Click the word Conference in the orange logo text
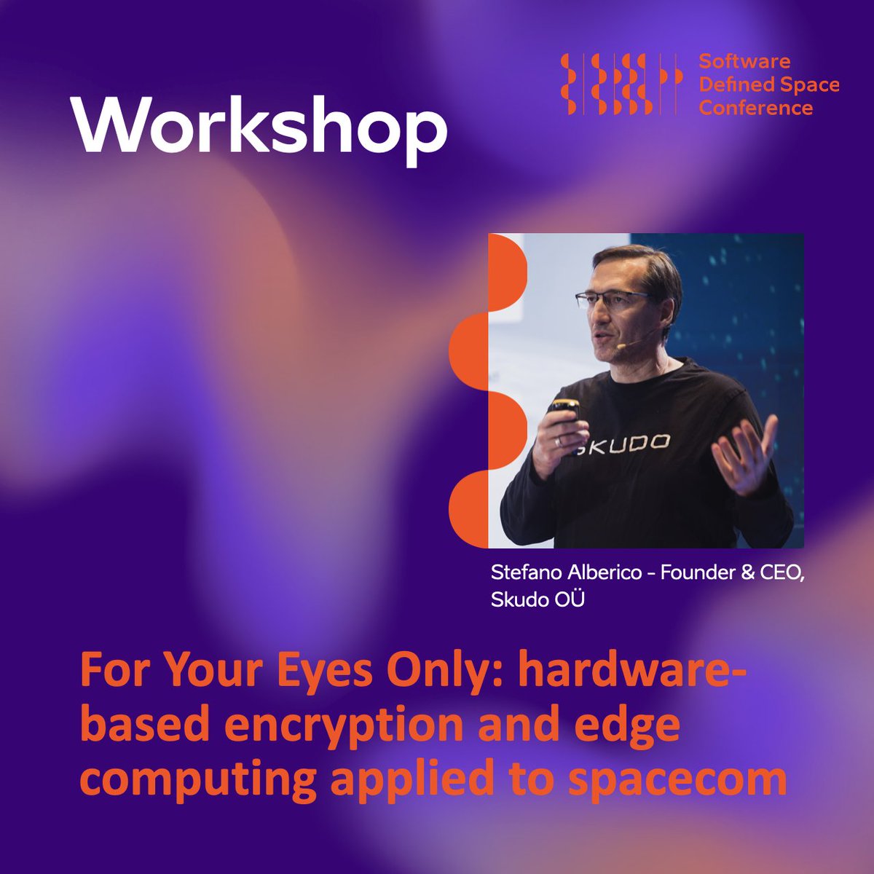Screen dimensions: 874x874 755,109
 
